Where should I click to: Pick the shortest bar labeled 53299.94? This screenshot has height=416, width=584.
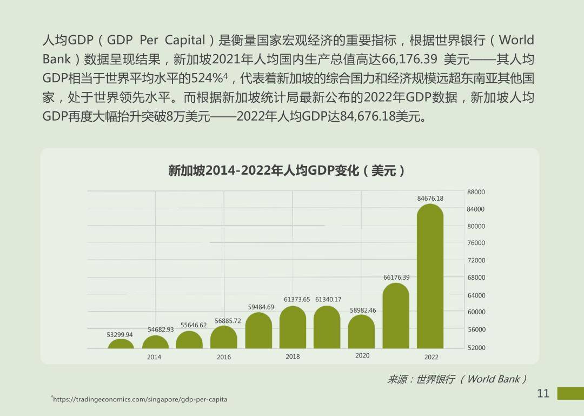pyautogui.click(x=121, y=344)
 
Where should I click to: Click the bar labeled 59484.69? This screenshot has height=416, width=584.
pyautogui.click(x=258, y=331)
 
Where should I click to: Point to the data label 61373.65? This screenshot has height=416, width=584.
pyautogui.click(x=297, y=299)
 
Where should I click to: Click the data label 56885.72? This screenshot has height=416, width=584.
pyautogui.click(x=228, y=321)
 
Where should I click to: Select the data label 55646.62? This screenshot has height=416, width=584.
pyautogui.click(x=194, y=325)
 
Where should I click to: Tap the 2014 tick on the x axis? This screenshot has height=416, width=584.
pyautogui.click(x=154, y=357)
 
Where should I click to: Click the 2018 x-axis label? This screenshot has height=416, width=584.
pyautogui.click(x=293, y=356)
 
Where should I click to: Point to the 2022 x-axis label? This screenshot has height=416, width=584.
pyautogui.click(x=431, y=357)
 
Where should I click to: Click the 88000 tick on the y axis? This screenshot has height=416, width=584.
pyautogui.click(x=476, y=192)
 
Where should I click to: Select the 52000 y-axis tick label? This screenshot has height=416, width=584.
pyautogui.click(x=476, y=348)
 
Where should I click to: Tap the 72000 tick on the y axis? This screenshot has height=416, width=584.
pyautogui.click(x=476, y=261)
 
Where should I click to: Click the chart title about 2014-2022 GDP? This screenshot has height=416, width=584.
pyautogui.click(x=287, y=171)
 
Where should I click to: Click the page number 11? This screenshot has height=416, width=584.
pyautogui.click(x=543, y=393)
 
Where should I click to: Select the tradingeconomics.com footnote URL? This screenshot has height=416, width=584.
pyautogui.click(x=141, y=399)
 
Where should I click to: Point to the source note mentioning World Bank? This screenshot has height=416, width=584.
pyautogui.click(x=457, y=379)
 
